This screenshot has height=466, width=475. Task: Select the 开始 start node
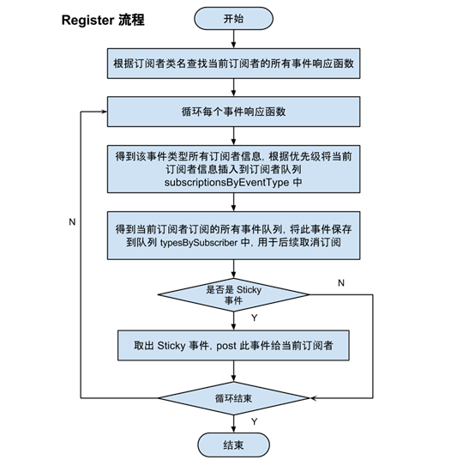(x=232, y=18)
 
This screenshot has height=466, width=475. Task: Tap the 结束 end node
(x=232, y=445)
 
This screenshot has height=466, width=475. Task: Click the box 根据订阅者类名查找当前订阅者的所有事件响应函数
(x=234, y=64)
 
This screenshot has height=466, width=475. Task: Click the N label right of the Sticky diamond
(x=341, y=282)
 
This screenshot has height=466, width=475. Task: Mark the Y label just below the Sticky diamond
(x=254, y=318)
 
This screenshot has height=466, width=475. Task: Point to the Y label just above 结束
(x=254, y=421)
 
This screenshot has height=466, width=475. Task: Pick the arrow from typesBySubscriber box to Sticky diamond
(x=233, y=269)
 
